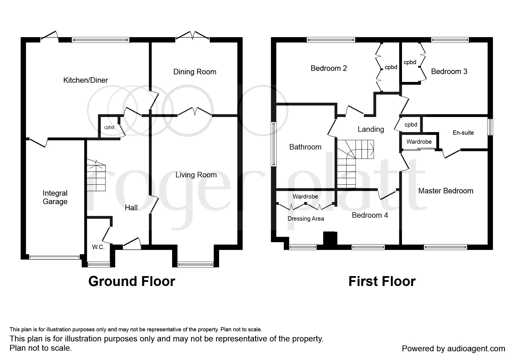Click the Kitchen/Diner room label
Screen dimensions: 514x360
click(86, 80)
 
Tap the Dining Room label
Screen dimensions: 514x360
click(195, 72)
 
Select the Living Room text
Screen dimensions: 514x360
click(196, 175)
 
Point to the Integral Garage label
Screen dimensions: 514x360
click(55, 197)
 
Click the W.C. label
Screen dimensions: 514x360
click(98, 247)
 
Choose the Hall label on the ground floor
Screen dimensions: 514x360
click(131, 208)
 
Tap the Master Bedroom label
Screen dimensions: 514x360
click(446, 191)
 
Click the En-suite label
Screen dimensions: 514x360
click(463, 133)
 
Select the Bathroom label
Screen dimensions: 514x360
click(305, 147)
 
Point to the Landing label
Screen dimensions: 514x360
click(371, 129)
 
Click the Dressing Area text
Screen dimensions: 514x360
click(306, 219)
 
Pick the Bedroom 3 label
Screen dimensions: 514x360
click(449, 71)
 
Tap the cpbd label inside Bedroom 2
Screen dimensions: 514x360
click(391, 67)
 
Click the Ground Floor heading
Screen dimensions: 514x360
click(132, 281)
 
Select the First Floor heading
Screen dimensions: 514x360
click(382, 281)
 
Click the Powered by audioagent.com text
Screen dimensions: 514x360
click(454, 348)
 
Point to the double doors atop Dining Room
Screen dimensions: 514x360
click(193, 35)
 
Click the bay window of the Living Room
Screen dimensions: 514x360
click(195, 264)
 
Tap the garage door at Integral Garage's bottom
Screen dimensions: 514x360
click(54, 257)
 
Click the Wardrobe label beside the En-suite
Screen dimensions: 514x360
click(419, 142)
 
